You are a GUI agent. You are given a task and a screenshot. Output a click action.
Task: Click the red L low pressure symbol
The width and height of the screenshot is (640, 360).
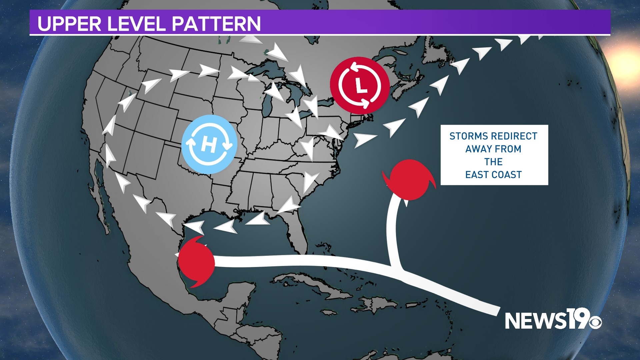click(360, 85)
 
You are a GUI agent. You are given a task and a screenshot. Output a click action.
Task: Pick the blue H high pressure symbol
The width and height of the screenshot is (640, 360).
click(209, 144)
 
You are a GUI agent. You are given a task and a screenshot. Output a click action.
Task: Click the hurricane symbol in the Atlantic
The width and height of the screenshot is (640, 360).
click(409, 180)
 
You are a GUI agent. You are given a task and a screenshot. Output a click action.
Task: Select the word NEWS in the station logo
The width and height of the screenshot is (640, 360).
click(535, 320)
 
